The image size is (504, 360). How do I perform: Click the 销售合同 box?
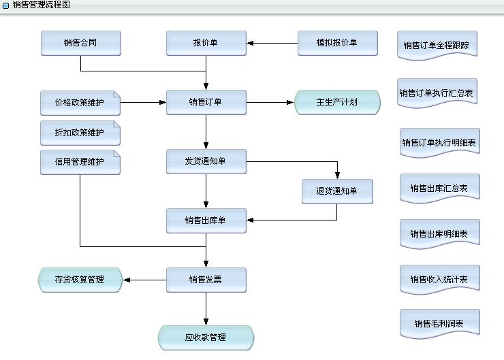point(80,43)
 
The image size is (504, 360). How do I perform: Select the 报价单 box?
point(206,43)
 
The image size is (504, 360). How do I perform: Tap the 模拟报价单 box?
point(337,43)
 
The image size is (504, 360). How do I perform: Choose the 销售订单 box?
point(206,103)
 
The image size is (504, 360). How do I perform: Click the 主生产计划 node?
point(337,103)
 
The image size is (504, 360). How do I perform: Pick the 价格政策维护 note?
point(80,103)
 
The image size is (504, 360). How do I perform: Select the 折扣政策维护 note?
point(80,133)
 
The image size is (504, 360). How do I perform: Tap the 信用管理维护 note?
point(80,162)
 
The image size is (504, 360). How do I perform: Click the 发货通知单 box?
point(206,161)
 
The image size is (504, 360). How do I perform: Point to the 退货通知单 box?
point(337,191)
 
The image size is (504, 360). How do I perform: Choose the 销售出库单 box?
point(206,220)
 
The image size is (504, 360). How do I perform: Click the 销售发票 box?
point(206,280)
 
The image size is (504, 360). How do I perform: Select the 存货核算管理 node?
point(80,280)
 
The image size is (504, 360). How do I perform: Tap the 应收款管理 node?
point(206,338)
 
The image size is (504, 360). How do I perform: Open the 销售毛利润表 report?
point(440,324)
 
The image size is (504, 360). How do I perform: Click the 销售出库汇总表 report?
point(440,188)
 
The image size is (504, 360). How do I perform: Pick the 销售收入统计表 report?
point(440,280)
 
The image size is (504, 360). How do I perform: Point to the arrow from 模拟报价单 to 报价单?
point(272,43)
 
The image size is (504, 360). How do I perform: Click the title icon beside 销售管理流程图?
point(6,5)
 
